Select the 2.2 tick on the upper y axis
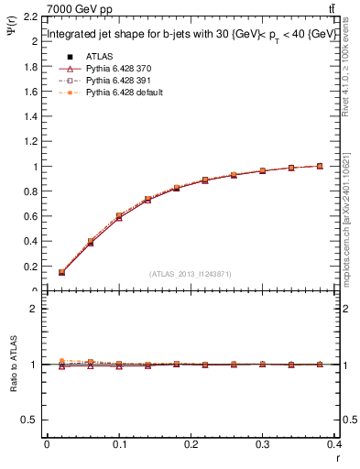[x=33, y=17]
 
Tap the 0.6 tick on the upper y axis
[x=33, y=216]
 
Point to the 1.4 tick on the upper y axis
[x=33, y=117]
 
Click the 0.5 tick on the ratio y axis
[x=34, y=420]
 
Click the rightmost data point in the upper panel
[x=320, y=166]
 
